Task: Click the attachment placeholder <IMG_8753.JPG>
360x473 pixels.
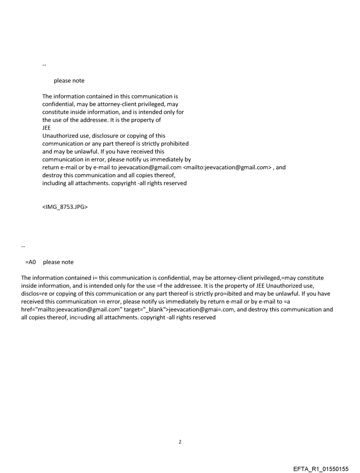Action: [65, 207]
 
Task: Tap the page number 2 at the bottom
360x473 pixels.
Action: [180, 442]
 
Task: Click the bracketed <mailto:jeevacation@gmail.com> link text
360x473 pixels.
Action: [229, 168]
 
